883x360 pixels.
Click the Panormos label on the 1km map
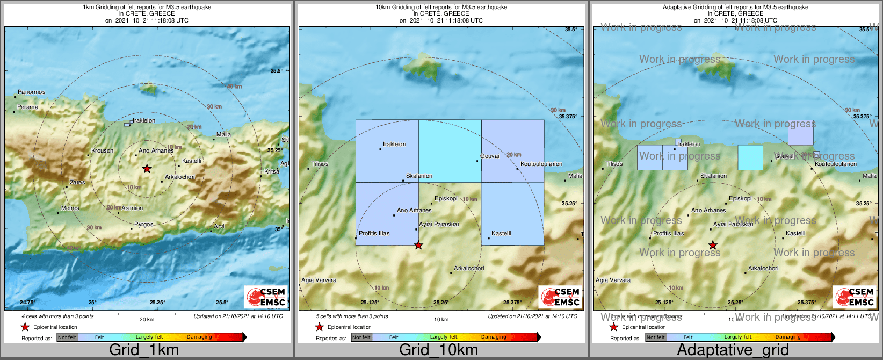pyautogui.click(x=32, y=92)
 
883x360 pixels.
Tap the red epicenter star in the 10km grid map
pyautogui.click(x=418, y=246)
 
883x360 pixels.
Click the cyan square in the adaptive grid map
pyautogui.click(x=750, y=157)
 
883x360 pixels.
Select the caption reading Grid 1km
pyautogui.click(x=144, y=350)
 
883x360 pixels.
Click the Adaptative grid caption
pyautogui.click(x=733, y=350)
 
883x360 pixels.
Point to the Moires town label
pyautogui.click(x=70, y=208)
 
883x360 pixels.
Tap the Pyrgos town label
pyautogui.click(x=144, y=224)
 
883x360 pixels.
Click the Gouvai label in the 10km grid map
pyautogui.click(x=490, y=156)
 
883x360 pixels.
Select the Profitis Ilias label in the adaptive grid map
pyautogui.click(x=668, y=233)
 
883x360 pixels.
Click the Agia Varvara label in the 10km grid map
pyautogui.click(x=319, y=280)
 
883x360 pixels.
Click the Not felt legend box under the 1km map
pyautogui.click(x=67, y=337)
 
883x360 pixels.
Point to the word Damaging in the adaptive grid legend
pyautogui.click(x=788, y=337)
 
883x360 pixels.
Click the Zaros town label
pyautogui.click(x=77, y=182)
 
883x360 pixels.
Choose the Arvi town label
pyautogui.click(x=219, y=226)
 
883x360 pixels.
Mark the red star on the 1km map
pyautogui.click(x=147, y=169)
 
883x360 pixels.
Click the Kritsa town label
pyautogui.click(x=272, y=171)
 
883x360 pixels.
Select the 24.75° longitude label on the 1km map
pyautogui.click(x=27, y=303)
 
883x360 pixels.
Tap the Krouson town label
pyautogui.click(x=102, y=150)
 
